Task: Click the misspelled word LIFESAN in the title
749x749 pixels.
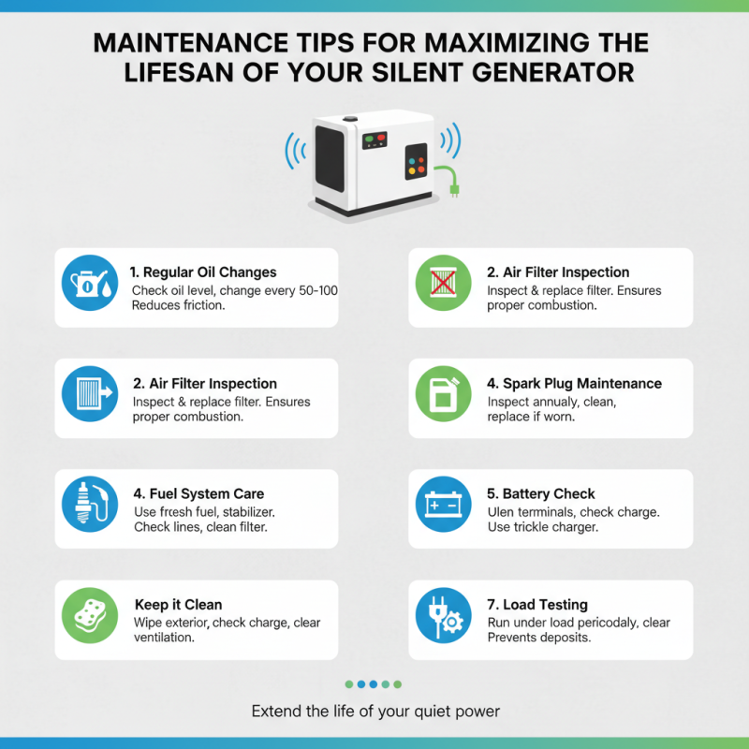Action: tap(179, 72)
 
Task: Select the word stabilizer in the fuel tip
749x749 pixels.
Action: tap(246, 512)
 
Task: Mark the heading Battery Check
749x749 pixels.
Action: tap(549, 493)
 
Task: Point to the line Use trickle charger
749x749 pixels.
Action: tap(543, 528)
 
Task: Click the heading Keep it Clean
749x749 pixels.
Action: tap(178, 605)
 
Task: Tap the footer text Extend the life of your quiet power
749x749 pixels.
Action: tap(374, 712)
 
